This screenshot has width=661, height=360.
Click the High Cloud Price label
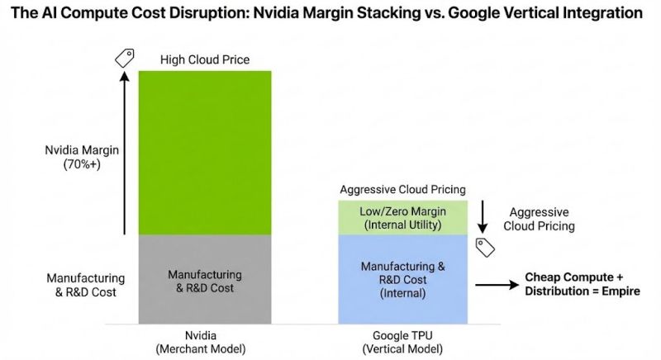(205, 59)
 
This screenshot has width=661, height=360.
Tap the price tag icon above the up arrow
(124, 57)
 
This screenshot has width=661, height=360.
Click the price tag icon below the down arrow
(483, 245)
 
